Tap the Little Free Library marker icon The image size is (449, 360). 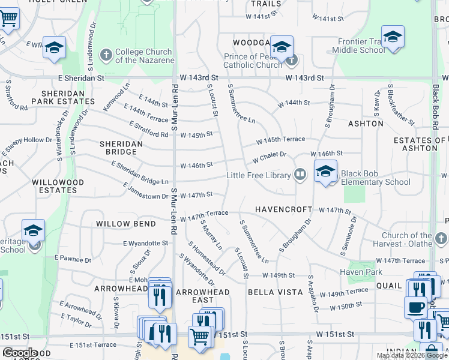[x=300, y=175]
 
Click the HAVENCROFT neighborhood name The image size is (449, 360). [x=283, y=209]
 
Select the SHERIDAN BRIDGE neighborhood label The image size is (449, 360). [x=121, y=148]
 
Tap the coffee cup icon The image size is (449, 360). [x=415, y=308]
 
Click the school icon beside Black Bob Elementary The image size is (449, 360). [x=325, y=172]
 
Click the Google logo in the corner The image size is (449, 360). [x=20, y=353]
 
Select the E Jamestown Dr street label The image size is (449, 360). [x=146, y=192]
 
